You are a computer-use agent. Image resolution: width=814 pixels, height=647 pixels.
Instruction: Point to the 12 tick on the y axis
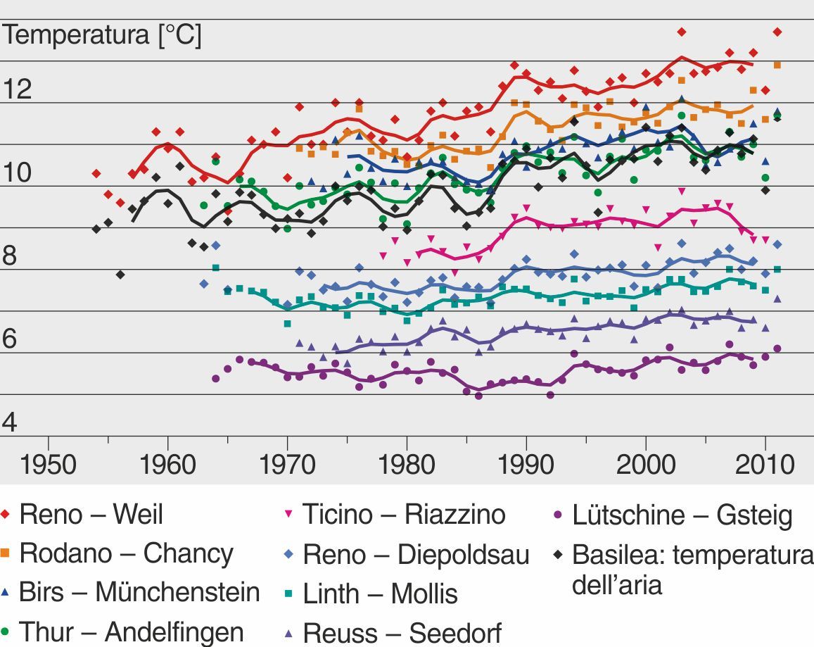[18, 89]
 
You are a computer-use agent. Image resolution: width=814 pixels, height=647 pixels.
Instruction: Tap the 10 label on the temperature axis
[18, 172]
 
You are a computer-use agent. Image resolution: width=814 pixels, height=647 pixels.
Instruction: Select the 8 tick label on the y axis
[11, 256]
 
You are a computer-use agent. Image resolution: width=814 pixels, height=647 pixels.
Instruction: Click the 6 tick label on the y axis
[11, 339]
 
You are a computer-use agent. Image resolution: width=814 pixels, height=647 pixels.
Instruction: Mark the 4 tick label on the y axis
[11, 422]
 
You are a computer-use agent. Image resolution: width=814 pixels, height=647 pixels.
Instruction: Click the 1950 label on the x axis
[49, 465]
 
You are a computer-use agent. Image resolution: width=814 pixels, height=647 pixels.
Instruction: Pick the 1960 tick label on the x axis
[167, 465]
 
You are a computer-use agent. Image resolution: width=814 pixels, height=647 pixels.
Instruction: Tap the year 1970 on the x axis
[287, 465]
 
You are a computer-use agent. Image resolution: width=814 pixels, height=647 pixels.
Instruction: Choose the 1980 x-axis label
[407, 465]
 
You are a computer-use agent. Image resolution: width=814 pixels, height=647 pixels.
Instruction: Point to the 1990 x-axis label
[526, 465]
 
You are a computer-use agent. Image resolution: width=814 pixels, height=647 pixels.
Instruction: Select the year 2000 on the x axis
[645, 465]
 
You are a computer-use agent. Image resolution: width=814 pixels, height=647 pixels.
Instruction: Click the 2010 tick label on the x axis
[763, 465]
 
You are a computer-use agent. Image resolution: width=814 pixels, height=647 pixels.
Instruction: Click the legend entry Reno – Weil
[91, 515]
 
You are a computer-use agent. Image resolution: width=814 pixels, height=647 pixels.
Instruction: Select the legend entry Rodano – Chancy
[126, 554]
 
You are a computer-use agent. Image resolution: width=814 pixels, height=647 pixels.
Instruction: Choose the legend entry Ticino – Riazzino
[404, 515]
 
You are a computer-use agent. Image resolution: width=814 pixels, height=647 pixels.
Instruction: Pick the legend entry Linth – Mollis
[380, 594]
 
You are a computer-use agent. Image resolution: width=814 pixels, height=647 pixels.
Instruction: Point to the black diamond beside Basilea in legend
[559, 554]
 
